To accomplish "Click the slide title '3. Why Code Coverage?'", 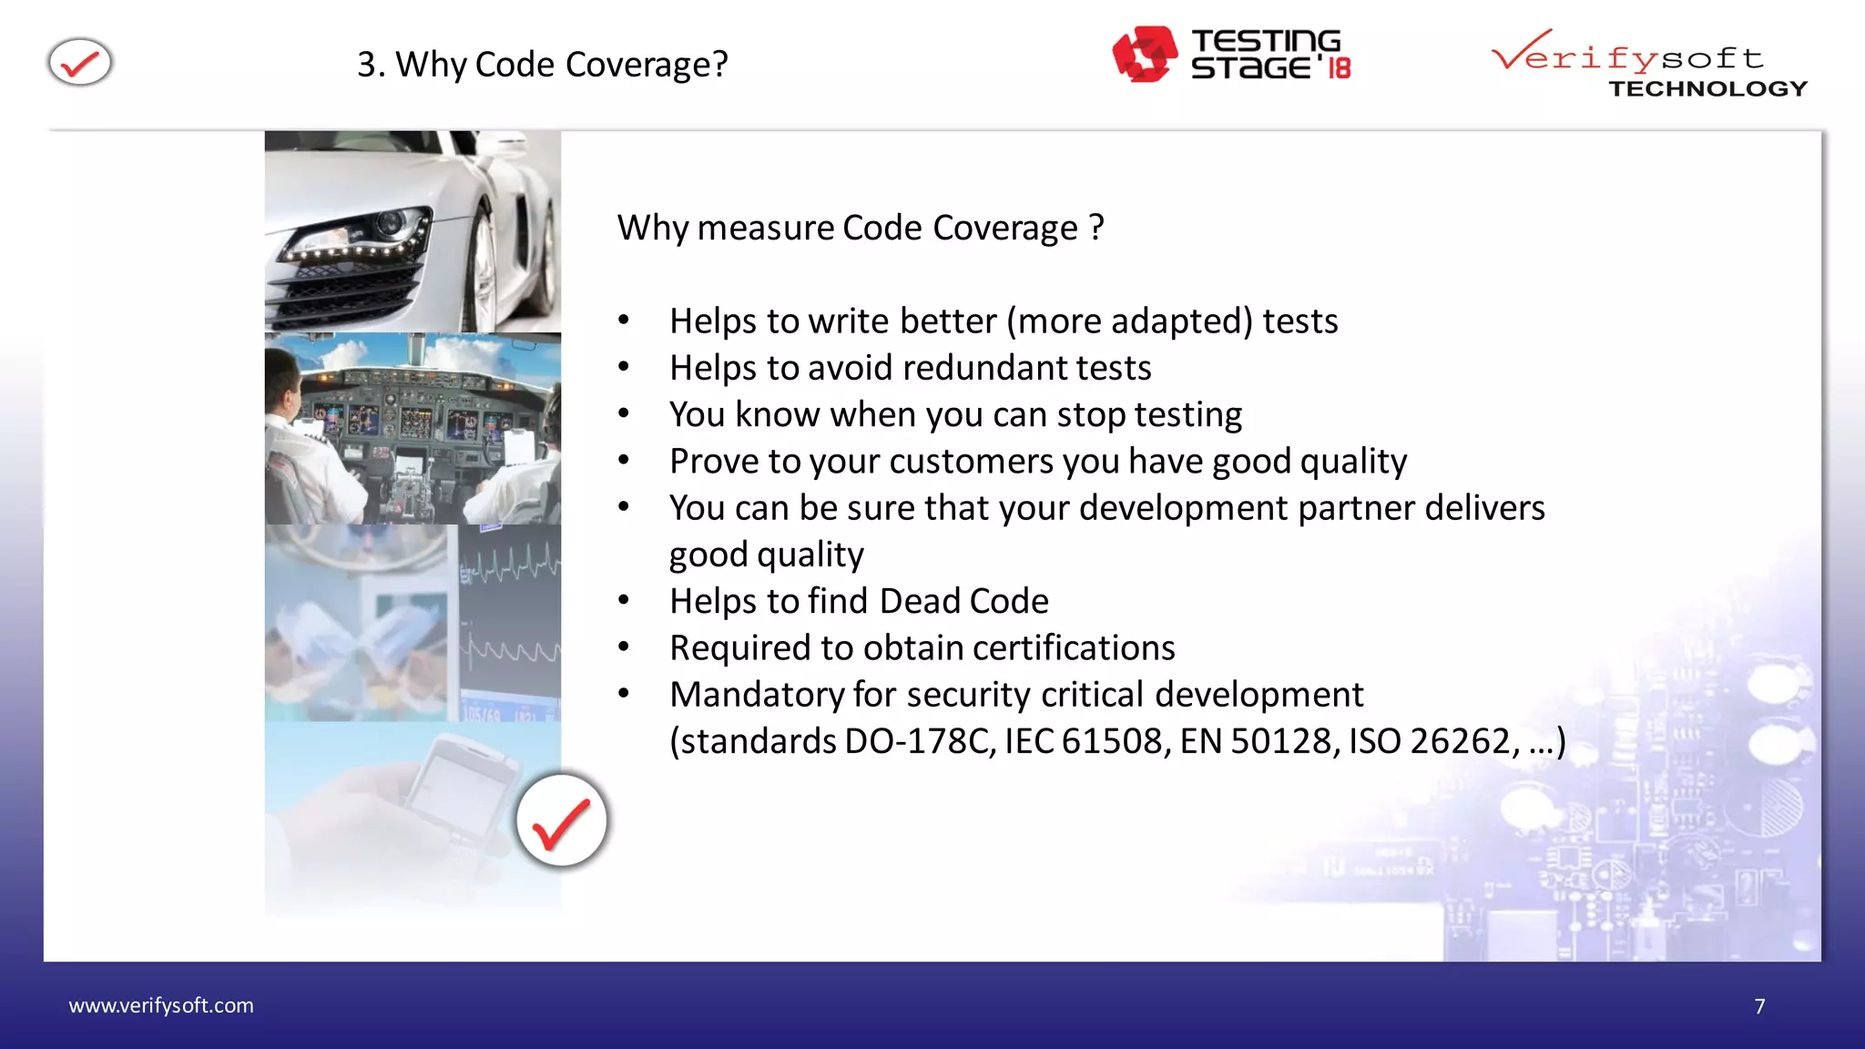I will pos(542,65).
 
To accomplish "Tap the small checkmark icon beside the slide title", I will pos(80,63).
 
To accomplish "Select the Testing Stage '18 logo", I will pos(1231,55).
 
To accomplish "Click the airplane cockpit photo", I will pos(413,428).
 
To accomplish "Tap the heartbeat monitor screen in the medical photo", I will pos(509,619).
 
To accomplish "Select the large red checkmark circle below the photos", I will pos(561,820).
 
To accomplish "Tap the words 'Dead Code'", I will pos(963,602).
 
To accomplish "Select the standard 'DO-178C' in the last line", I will pos(920,742).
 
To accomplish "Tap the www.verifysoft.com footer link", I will pos(161,1005).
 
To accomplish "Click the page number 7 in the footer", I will pos(1759,1006).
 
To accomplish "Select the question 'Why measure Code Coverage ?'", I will pos(861,228).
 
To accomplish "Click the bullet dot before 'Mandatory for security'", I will pos(624,694).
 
